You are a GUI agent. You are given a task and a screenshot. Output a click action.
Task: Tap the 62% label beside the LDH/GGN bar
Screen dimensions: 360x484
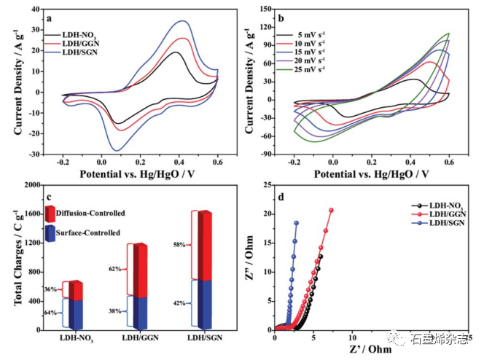pos(114,269)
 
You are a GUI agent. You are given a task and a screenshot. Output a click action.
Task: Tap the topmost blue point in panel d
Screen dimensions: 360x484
pos(297,223)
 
